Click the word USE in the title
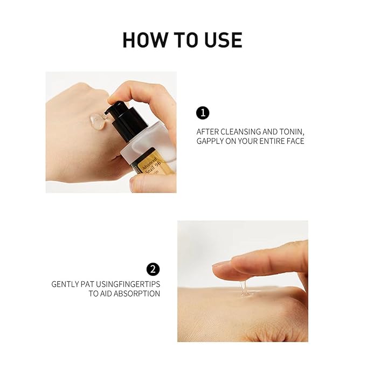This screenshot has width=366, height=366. point(223,40)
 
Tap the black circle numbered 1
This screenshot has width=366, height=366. point(202,113)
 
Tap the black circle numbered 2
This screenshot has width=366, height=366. point(153,269)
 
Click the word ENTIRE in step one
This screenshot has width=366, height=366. point(272,141)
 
